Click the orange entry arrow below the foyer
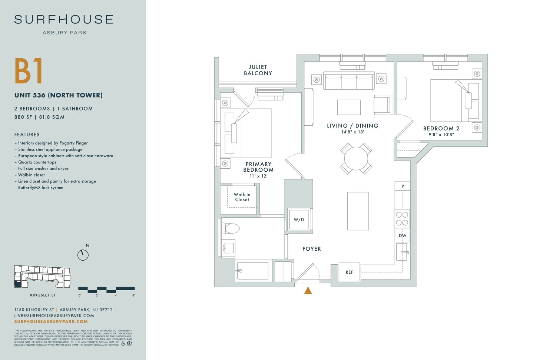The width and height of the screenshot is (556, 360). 308,290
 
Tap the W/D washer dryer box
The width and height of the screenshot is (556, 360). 299,219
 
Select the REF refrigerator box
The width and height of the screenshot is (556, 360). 349,272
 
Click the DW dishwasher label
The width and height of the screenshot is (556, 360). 403,235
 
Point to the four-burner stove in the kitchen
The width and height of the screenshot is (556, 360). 402,218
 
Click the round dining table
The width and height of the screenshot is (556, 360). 356,158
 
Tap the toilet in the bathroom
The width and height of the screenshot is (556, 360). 231,228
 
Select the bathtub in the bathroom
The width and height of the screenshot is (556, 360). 253,271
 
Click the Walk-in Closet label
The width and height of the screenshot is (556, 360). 242,197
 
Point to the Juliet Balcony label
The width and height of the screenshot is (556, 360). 258,70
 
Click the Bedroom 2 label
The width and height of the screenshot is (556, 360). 441,128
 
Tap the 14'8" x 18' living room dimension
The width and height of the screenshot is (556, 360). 353,132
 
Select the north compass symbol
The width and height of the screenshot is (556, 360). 83,255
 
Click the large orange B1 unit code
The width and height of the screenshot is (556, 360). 29,71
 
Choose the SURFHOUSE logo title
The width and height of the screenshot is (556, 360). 64,19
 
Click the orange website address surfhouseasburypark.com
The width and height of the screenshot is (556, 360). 51,321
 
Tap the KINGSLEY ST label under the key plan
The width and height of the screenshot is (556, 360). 43,295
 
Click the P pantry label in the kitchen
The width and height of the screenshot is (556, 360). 403,186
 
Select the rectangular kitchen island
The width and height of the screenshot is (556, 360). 358,211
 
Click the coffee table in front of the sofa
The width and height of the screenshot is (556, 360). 349,107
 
